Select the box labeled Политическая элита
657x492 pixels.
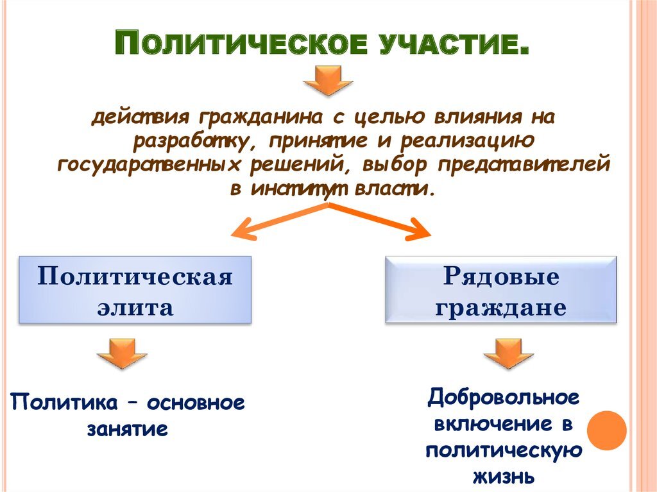(135, 290)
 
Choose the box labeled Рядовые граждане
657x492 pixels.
(501, 290)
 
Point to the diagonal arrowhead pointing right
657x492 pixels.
(420, 230)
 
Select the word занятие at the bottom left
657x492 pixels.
(128, 428)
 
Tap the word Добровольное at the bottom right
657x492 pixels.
(504, 398)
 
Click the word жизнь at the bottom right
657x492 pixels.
(504, 476)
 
